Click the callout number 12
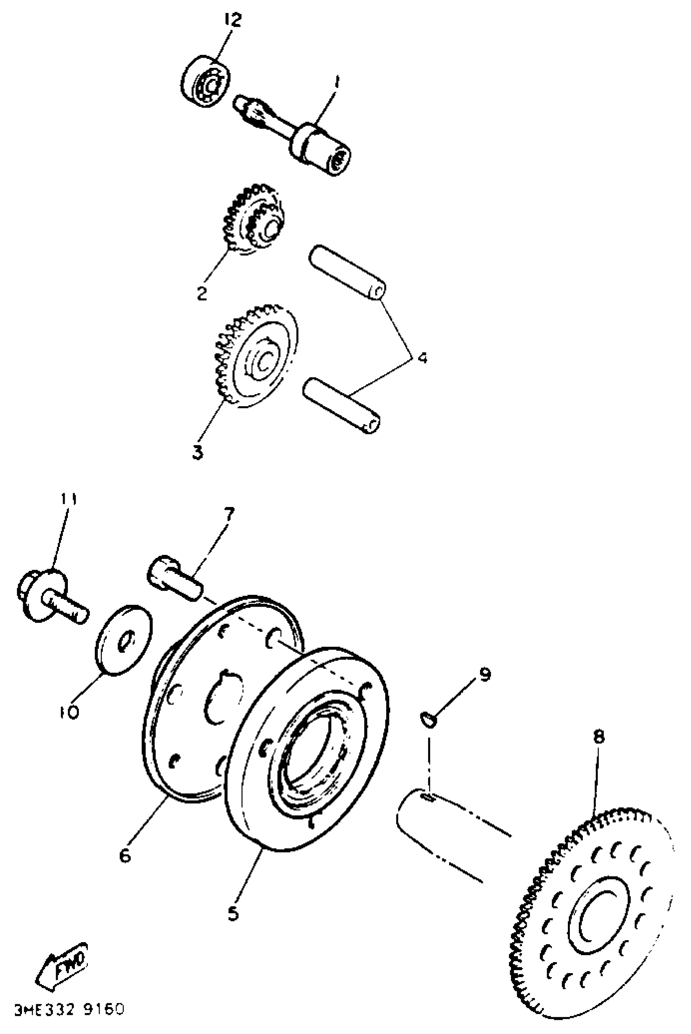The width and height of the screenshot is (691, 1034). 233,20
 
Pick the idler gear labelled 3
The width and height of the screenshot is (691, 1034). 257,357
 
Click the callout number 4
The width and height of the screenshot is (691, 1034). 422,358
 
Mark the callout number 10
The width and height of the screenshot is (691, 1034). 69,712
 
